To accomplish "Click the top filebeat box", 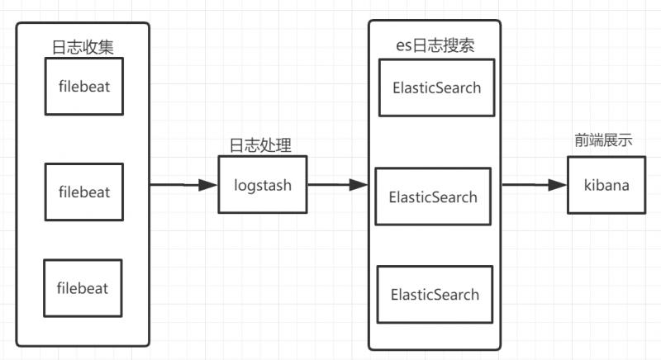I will point(83,86).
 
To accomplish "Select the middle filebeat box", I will point(83,192).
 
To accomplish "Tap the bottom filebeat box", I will point(83,288).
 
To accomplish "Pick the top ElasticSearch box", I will point(436,88).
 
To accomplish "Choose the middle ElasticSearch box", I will point(433,197).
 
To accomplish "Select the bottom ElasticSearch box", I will point(435,294).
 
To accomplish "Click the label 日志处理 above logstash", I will point(260,144).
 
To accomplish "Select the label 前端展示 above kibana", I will point(604,140).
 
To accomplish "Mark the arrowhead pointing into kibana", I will point(559,186).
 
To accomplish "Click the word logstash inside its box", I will point(262,185).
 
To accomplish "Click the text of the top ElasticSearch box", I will point(436,88).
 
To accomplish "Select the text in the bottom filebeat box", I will point(83,288).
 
